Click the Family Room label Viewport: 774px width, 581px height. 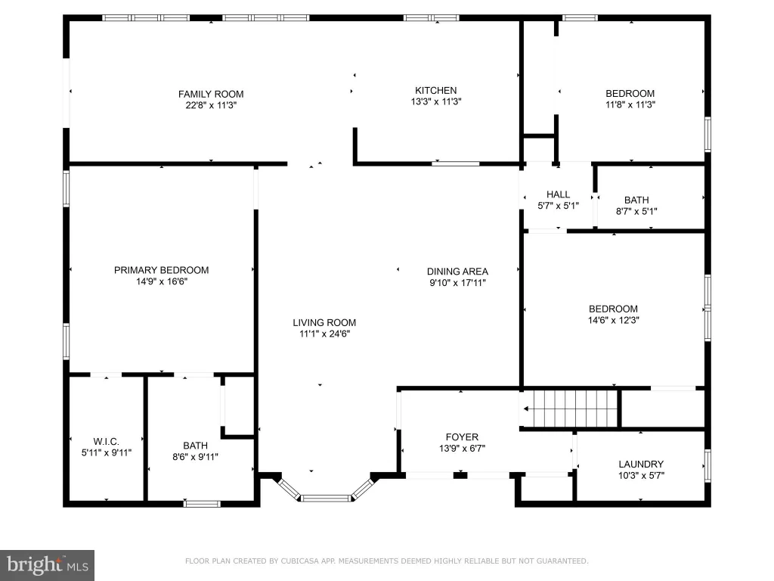tap(211, 94)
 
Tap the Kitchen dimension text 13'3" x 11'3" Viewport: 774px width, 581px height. tap(436, 102)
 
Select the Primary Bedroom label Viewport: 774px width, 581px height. tap(162, 270)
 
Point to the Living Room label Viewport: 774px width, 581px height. tap(324, 322)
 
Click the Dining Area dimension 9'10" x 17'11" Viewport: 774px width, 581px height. tap(457, 283)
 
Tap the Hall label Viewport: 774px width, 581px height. tap(559, 194)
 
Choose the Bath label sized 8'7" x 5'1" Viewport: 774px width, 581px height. tap(636, 200)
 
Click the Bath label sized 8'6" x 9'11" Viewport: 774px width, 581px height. tap(196, 446)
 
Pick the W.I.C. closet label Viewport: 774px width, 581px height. tap(106, 442)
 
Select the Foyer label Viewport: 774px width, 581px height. tap(462, 437)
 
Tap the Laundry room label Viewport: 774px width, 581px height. tap(641, 464)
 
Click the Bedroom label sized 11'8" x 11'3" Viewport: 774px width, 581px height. tap(630, 94)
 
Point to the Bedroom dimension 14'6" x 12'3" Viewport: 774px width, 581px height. tap(614, 320)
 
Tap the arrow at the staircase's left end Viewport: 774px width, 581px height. tap(526, 409)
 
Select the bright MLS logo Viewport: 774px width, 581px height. tap(47, 565)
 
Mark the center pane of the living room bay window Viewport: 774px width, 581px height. tap(326, 499)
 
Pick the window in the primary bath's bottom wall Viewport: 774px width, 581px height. tap(202, 504)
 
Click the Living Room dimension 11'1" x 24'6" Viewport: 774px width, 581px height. tap(324, 334)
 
